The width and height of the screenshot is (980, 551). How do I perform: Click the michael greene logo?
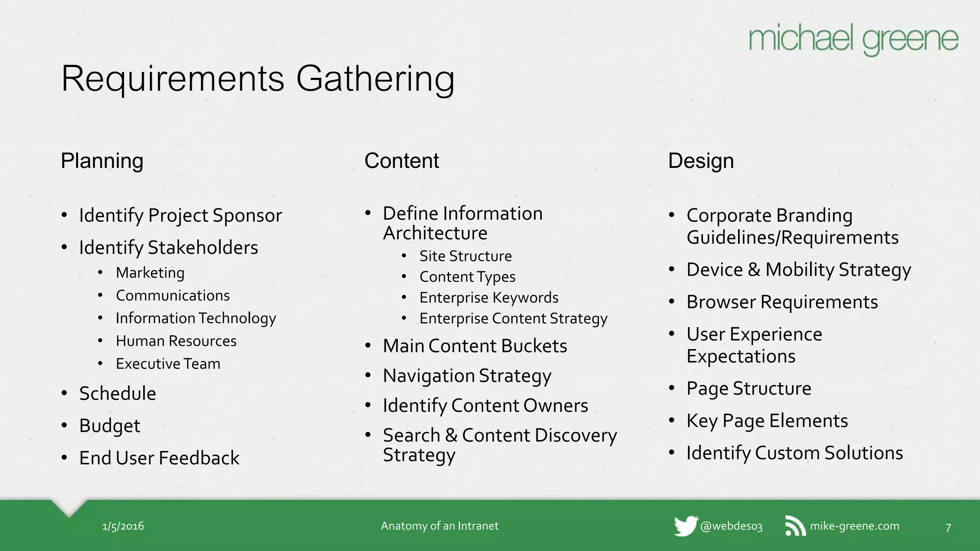(x=853, y=39)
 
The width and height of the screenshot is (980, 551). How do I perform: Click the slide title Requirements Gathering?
(x=258, y=78)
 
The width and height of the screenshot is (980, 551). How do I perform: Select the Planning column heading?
(x=102, y=161)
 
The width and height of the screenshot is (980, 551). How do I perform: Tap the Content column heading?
(x=401, y=161)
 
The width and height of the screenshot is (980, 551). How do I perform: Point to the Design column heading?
(x=701, y=161)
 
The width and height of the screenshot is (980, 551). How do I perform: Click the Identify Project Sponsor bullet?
(x=180, y=216)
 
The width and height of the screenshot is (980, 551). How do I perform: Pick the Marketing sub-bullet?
(x=150, y=273)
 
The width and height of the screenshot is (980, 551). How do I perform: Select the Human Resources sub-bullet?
(x=176, y=341)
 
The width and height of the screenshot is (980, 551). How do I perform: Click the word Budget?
(x=110, y=426)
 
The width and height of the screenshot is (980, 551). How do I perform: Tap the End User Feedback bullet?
(x=159, y=458)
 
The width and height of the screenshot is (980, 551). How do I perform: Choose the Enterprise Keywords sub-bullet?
(x=489, y=298)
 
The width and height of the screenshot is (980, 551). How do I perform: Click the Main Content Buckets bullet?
(x=475, y=346)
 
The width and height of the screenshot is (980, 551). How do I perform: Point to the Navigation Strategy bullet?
(x=467, y=376)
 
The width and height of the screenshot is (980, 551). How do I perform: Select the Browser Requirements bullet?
(x=782, y=302)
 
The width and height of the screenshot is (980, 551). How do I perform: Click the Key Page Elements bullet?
(x=767, y=421)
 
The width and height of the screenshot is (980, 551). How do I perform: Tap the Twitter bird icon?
(x=685, y=526)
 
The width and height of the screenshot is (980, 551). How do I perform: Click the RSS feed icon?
(x=795, y=526)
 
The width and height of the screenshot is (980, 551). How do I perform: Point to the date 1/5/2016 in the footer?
(x=123, y=526)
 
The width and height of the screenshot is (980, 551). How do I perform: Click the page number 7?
(x=948, y=528)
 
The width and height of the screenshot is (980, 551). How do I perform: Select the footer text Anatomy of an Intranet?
(x=439, y=526)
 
